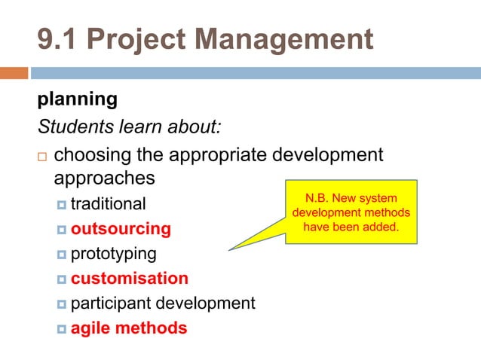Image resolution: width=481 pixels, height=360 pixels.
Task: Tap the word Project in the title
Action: point(140,39)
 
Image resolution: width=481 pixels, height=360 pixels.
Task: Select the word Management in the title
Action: point(288,39)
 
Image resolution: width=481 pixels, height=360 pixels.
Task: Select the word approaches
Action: point(105,178)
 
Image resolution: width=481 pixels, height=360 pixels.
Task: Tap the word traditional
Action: point(108,204)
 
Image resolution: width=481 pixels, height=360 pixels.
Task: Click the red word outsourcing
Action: point(121,228)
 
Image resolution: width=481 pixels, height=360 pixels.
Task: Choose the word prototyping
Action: point(113,253)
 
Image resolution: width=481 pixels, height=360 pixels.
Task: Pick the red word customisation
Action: point(130,278)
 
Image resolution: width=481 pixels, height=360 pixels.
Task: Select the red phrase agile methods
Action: point(129,328)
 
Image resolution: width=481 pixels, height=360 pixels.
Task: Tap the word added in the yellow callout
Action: point(382,226)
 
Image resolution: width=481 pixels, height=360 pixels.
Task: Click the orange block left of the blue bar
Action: point(14,73)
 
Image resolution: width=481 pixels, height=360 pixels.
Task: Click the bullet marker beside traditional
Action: point(62,205)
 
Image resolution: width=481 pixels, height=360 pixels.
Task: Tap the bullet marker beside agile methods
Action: point(62,328)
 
